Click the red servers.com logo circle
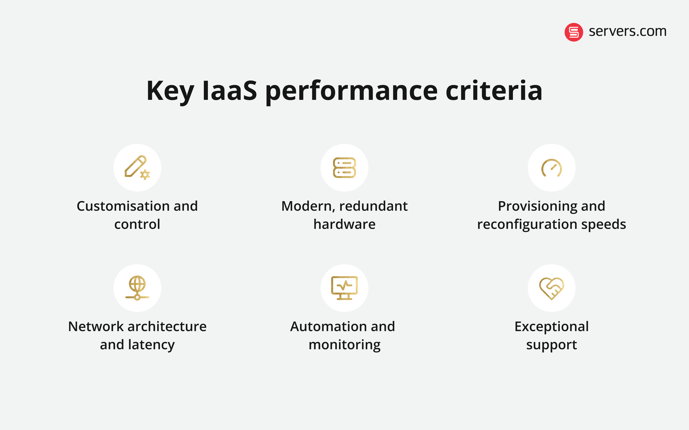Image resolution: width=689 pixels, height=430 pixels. pyautogui.click(x=573, y=32)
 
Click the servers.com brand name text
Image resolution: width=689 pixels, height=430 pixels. pyautogui.click(x=628, y=31)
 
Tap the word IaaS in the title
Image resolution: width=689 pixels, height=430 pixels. pyautogui.click(x=229, y=91)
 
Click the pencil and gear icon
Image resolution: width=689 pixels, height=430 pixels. pyautogui.click(x=137, y=167)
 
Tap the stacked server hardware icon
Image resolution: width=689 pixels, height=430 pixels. pyautogui.click(x=344, y=167)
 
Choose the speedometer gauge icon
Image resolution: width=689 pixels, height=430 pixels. pyautogui.click(x=551, y=168)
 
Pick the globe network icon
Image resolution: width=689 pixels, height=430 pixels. pyautogui.click(x=137, y=288)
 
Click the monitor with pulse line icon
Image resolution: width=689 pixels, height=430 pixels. pyautogui.click(x=344, y=288)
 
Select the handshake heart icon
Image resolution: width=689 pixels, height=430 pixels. pyautogui.click(x=551, y=288)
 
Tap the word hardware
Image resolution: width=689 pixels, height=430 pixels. pyautogui.click(x=344, y=224)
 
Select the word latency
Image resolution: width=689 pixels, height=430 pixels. pyautogui.click(x=151, y=345)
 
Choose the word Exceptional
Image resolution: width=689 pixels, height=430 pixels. pyautogui.click(x=551, y=327)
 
